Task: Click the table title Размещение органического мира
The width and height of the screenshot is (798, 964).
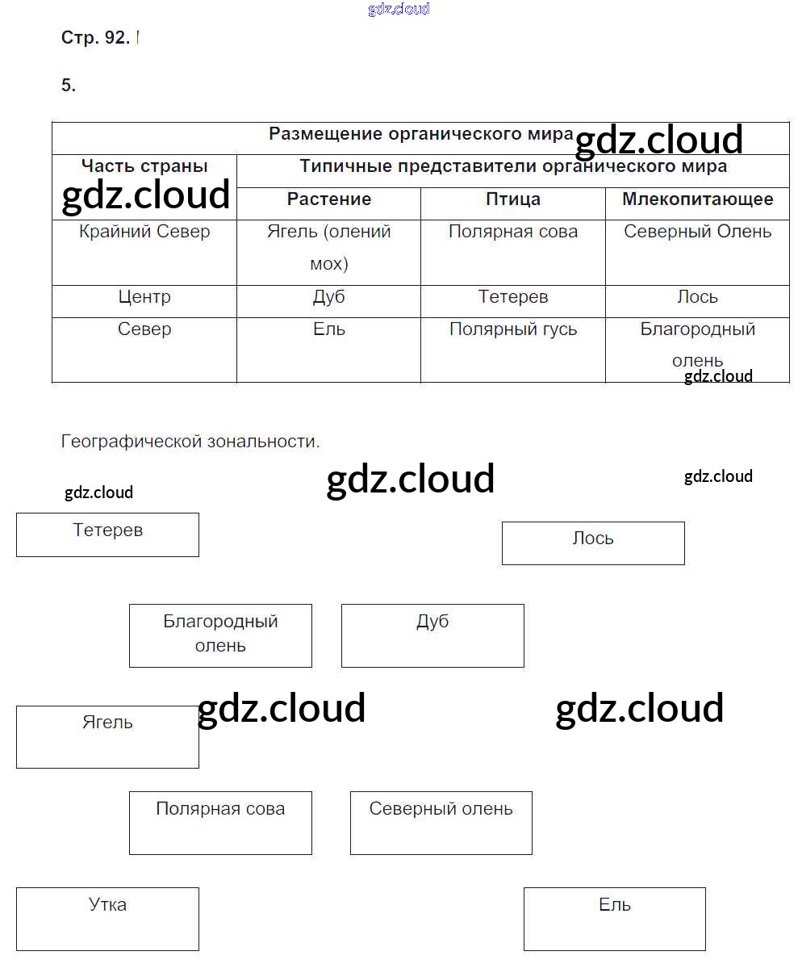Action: (x=420, y=134)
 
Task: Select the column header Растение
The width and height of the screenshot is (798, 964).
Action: (x=329, y=199)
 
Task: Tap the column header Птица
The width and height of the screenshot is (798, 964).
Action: (x=513, y=199)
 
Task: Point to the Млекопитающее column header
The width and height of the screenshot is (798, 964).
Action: (x=697, y=199)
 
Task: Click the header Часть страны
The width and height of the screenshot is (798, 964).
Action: (x=144, y=166)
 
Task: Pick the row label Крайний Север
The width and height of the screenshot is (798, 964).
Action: (x=144, y=232)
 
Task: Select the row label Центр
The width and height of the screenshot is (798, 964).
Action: (x=144, y=297)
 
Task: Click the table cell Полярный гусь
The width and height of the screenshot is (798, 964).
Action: (x=513, y=329)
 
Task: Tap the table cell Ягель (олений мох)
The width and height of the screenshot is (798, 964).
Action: (x=329, y=247)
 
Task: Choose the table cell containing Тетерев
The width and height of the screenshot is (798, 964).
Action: (x=513, y=297)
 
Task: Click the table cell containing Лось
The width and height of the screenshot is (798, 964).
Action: (x=697, y=297)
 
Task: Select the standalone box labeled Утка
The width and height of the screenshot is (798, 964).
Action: (x=107, y=919)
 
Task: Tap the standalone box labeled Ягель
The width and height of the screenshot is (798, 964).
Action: (x=107, y=736)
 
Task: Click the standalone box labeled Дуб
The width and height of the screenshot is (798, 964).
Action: (x=432, y=635)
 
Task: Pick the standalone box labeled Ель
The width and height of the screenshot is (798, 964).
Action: (x=615, y=919)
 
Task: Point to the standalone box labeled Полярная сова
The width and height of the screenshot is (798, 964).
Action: (x=220, y=823)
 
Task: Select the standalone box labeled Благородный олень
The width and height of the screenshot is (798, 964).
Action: (x=220, y=635)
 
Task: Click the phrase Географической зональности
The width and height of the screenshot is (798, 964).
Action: (x=190, y=442)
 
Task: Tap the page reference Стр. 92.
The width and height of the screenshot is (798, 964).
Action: (x=95, y=38)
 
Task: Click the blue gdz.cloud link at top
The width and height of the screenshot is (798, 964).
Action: (x=399, y=9)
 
